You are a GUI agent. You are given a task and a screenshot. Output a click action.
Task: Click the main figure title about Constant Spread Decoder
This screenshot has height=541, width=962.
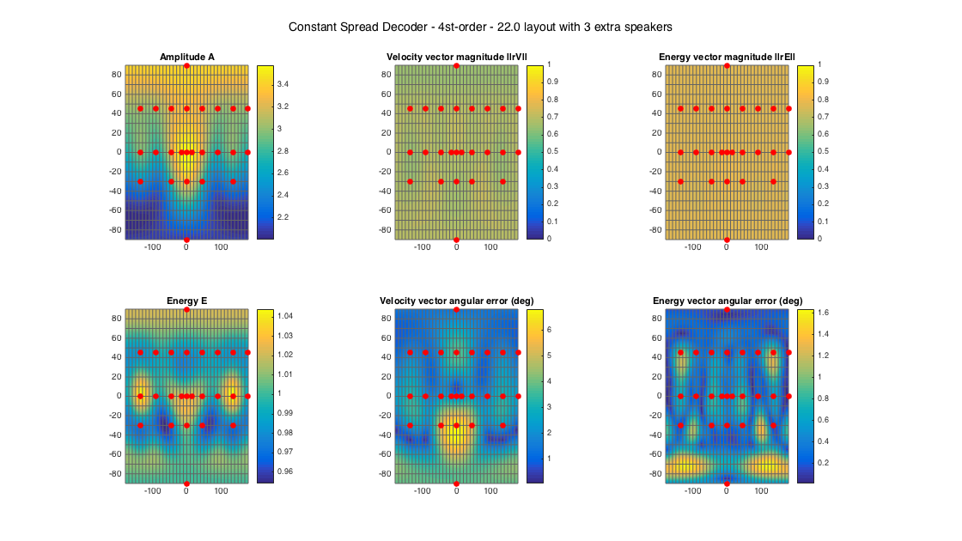[x=480, y=27]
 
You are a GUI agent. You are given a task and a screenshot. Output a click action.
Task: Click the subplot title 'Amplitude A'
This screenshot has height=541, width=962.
[x=187, y=58]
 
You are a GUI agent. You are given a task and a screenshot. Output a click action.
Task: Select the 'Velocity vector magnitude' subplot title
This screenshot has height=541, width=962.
[x=456, y=58]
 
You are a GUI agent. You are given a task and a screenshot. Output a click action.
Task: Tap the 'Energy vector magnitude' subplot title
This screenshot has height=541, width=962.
[x=727, y=58]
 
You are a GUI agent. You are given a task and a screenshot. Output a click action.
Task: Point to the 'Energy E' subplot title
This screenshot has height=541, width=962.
[x=187, y=301]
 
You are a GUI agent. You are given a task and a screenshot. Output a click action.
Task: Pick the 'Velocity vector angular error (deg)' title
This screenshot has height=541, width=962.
[x=456, y=301]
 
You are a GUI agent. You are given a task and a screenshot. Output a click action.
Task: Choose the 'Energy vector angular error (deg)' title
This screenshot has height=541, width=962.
[x=727, y=301]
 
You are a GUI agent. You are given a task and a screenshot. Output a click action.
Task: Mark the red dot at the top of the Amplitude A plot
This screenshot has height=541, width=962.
[x=186, y=66]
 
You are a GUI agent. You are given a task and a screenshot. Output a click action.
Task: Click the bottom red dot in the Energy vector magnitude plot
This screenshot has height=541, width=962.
[x=727, y=240]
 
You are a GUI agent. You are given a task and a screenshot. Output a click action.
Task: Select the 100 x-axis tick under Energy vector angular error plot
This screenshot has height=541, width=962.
[x=761, y=493]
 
